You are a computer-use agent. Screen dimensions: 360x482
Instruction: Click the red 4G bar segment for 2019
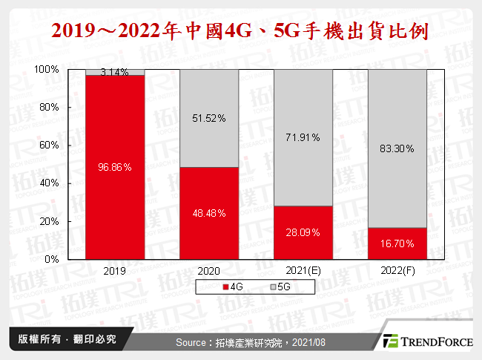pyautogui.click(x=115, y=193)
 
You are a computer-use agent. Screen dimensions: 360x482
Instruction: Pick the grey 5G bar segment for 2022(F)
pyautogui.click(x=397, y=178)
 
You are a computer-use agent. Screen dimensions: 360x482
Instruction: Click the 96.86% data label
pyautogui.click(x=115, y=168)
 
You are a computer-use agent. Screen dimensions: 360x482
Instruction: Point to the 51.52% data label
pyautogui.click(x=209, y=118)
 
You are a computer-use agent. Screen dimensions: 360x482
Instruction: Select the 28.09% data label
pyautogui.click(x=303, y=232)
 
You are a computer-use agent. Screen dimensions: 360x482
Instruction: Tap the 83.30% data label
pyautogui.click(x=397, y=148)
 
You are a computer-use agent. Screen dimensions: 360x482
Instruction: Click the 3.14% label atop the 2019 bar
pyautogui.click(x=115, y=73)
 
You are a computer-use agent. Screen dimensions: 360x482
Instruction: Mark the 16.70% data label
pyautogui.click(x=397, y=243)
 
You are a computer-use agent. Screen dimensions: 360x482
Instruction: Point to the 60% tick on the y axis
pyautogui.click(x=48, y=145)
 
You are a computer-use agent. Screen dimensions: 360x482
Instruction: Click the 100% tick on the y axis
pyautogui.click(x=47, y=69)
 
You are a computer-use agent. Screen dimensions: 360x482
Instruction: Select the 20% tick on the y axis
pyautogui.click(x=48, y=221)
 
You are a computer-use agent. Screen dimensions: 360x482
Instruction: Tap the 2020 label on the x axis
pyautogui.click(x=209, y=271)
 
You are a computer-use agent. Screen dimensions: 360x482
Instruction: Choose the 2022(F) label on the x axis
pyautogui.click(x=397, y=271)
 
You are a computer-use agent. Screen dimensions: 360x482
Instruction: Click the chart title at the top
pyautogui.click(x=241, y=31)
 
